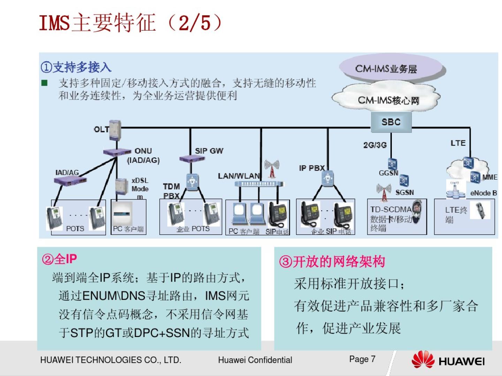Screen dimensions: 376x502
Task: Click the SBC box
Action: point(391,122)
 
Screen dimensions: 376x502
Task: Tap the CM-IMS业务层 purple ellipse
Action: point(390,68)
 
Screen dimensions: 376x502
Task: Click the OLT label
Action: point(101,130)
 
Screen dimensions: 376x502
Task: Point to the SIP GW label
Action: point(209,151)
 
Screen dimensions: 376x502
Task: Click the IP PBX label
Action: point(312,168)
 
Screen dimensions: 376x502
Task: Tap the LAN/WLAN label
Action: point(239,176)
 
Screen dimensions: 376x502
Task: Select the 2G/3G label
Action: point(375,145)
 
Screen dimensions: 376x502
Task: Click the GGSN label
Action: point(388,173)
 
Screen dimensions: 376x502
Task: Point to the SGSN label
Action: point(404,193)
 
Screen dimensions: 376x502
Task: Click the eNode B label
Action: point(483,193)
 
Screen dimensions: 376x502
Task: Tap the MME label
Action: point(489,177)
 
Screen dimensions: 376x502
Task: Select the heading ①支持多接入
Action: point(76,67)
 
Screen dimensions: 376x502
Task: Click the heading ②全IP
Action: point(59,259)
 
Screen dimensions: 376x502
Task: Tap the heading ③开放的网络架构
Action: point(332,261)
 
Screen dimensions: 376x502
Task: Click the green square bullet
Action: point(44,83)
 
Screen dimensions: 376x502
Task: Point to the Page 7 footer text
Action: point(362,359)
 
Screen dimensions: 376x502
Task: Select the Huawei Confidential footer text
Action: point(255,360)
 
